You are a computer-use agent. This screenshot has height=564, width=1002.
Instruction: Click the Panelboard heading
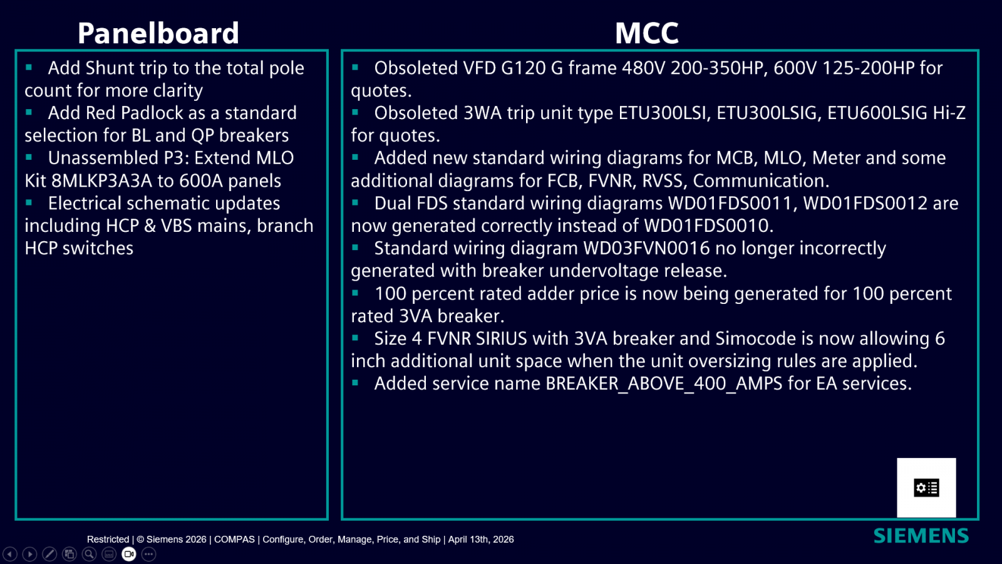click(158, 33)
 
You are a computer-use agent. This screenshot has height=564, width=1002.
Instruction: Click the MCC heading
click(647, 33)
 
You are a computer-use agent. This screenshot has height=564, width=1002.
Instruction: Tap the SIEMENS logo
click(921, 536)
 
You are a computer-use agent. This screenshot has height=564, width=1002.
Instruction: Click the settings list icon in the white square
click(926, 488)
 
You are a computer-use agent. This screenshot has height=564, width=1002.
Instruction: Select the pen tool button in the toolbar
click(49, 554)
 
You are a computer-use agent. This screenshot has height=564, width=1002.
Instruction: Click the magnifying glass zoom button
click(89, 554)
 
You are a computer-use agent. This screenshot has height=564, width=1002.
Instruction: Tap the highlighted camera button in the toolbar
click(129, 554)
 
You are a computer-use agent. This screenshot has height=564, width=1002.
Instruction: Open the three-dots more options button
click(148, 554)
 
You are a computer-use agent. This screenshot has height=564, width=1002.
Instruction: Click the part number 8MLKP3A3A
click(101, 181)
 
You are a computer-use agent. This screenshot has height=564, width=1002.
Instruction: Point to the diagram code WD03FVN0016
click(646, 248)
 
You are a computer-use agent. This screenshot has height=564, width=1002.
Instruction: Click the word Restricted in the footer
click(108, 540)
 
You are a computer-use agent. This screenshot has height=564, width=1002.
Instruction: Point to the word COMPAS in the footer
click(234, 540)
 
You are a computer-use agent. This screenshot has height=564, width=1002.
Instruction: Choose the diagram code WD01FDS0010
click(708, 226)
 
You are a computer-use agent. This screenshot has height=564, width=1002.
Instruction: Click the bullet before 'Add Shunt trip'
click(29, 68)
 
